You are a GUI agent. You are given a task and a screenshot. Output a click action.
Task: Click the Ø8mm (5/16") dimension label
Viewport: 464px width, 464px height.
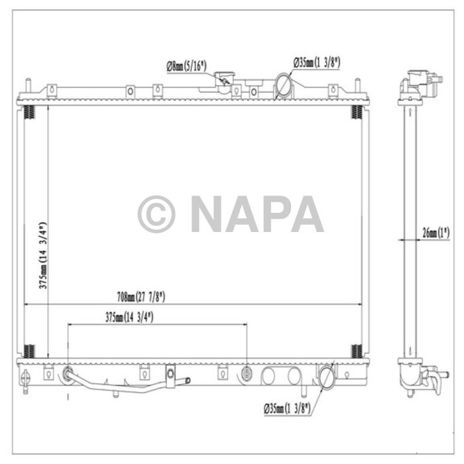click(x=186, y=65)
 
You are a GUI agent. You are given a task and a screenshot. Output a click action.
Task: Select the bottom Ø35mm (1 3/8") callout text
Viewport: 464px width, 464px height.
click(x=288, y=406)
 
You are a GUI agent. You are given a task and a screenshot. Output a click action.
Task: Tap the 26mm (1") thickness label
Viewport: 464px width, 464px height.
click(x=435, y=233)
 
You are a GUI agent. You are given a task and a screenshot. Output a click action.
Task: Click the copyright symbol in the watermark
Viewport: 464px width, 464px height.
click(x=156, y=214)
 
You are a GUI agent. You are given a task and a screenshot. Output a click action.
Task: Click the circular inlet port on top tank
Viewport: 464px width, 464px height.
click(x=284, y=86)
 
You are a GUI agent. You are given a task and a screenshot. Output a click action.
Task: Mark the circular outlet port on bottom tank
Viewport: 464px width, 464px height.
click(x=327, y=377)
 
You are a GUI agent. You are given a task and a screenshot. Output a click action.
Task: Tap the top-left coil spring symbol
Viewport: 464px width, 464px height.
click(x=29, y=112)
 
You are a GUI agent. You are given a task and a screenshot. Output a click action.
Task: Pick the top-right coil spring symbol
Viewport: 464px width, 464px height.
click(x=356, y=112)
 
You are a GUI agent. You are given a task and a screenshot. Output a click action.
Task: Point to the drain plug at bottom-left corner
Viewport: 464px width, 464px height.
click(x=26, y=380)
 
